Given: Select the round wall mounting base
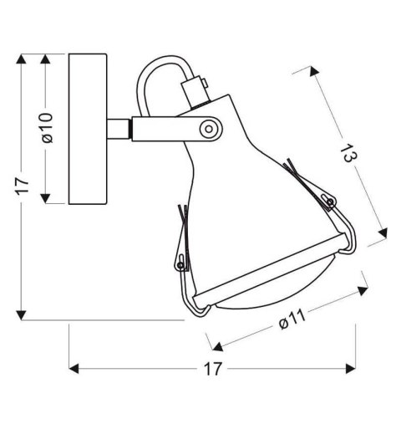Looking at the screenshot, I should [87, 129].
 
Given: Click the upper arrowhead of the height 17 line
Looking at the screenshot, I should [23, 59].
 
